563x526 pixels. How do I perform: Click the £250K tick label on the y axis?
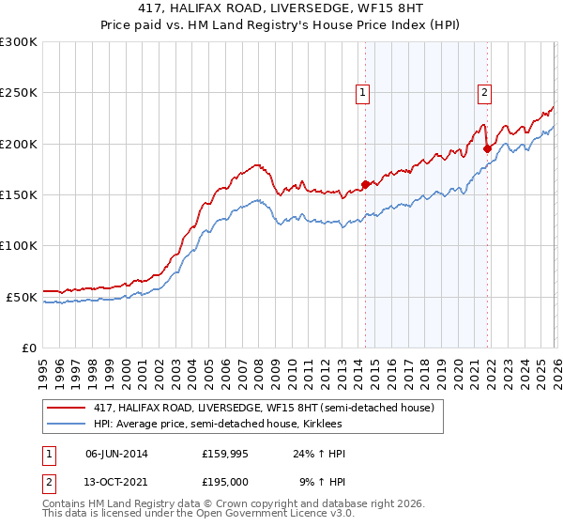point(19,93)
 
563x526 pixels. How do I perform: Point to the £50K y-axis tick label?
point(22,297)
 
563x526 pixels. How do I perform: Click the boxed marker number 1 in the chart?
point(362,92)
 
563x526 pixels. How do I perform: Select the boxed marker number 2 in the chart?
point(484,92)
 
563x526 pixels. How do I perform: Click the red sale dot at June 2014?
point(365,184)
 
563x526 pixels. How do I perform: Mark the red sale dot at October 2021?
point(487,148)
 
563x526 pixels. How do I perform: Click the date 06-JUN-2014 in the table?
point(116,454)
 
